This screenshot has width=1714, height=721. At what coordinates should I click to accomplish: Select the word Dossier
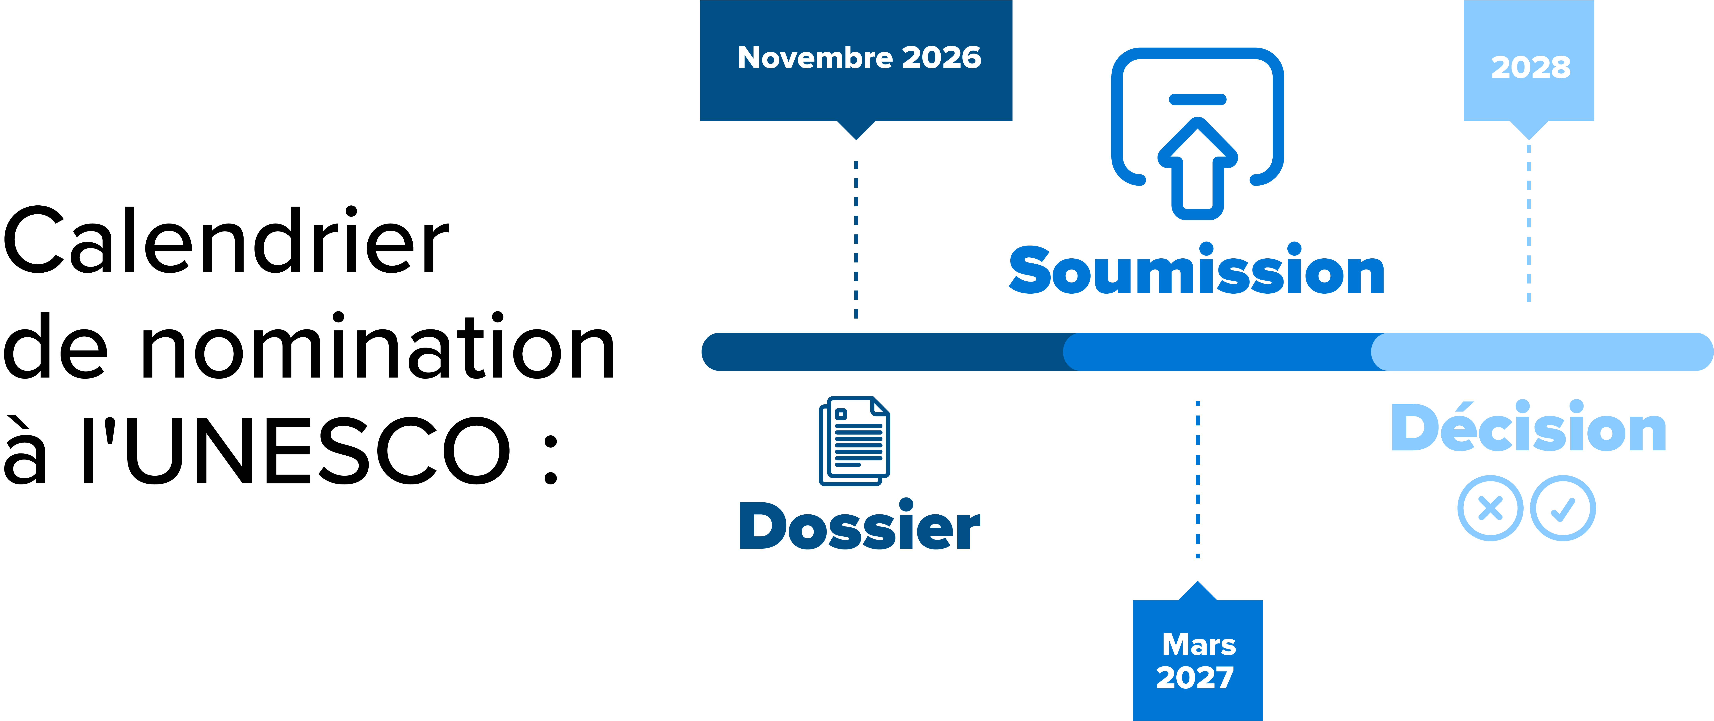[860, 525]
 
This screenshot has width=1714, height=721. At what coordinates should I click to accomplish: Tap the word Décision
[1529, 427]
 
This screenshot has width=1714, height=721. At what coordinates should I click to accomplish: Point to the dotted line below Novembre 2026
[856, 239]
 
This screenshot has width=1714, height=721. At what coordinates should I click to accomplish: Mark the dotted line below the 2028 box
[1528, 223]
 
